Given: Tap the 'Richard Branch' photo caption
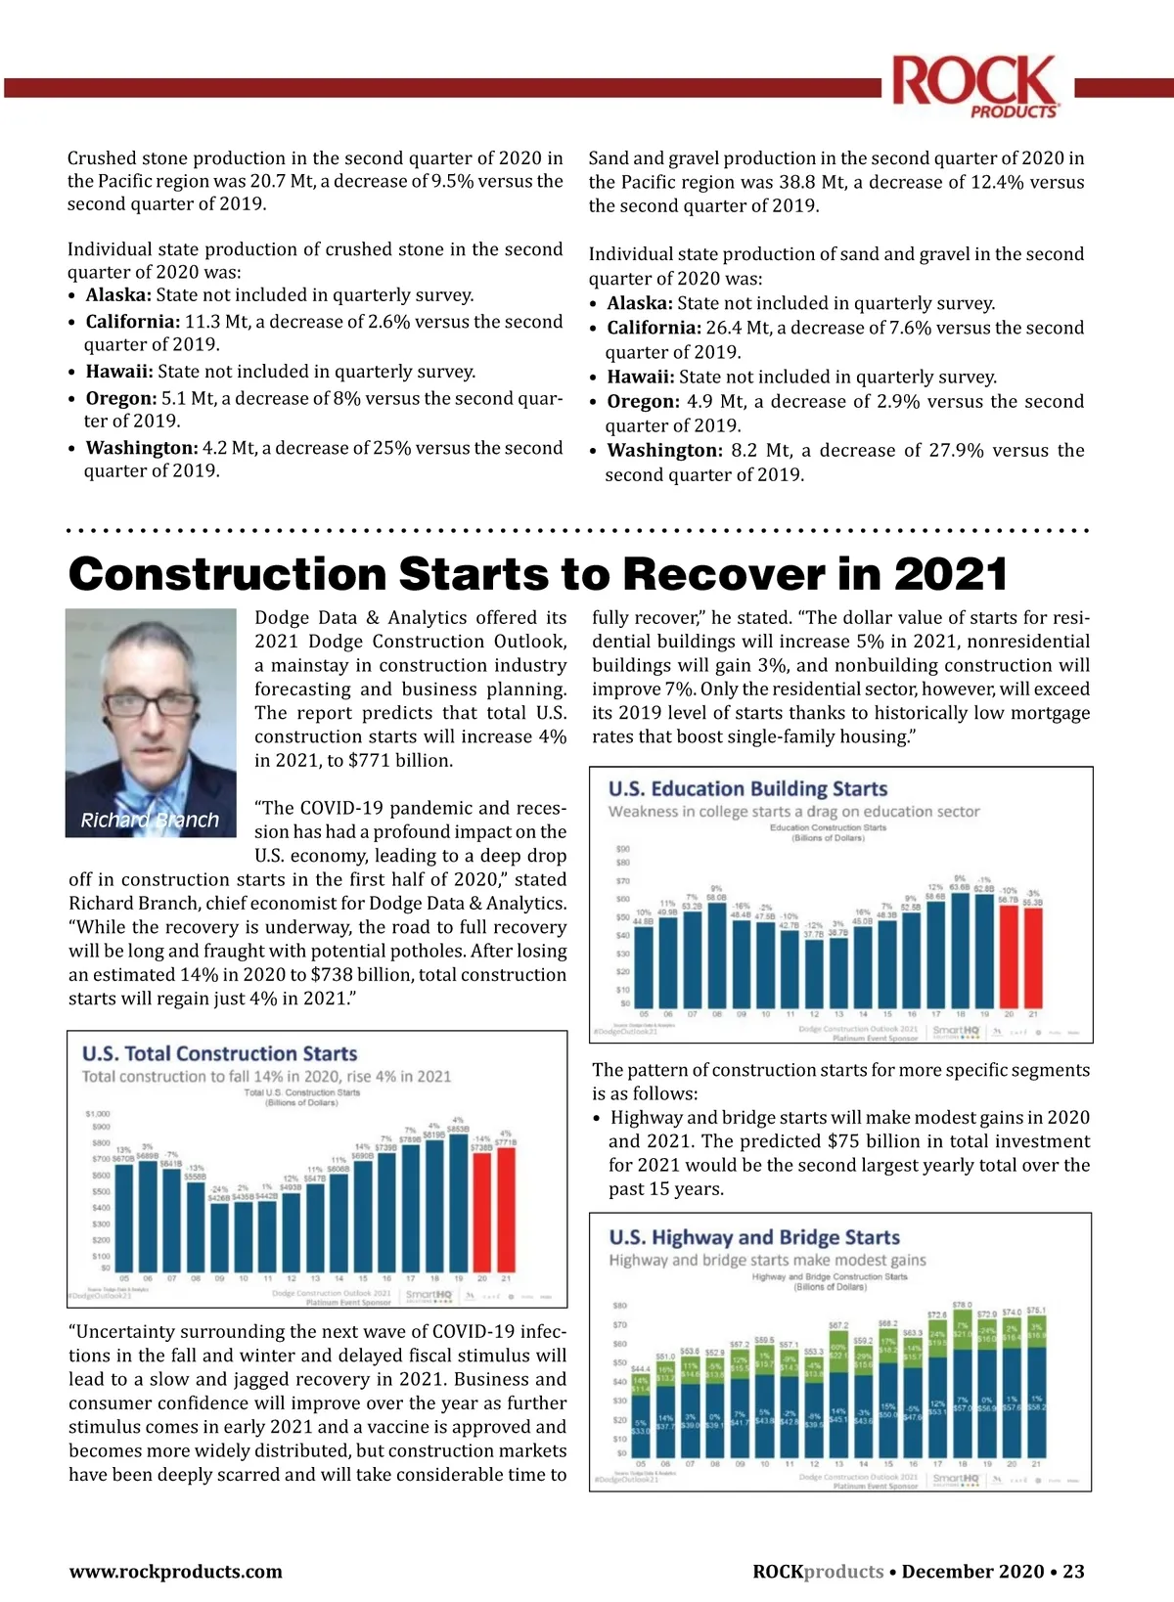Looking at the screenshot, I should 150,820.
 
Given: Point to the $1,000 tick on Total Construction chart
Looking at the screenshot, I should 98,1114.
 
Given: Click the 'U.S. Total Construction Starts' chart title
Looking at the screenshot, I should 220,1053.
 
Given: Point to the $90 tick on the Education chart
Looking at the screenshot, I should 622,849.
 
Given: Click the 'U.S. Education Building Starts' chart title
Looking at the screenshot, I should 747,788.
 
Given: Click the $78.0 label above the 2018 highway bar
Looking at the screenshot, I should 962,1305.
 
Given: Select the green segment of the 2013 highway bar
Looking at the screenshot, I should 838,1355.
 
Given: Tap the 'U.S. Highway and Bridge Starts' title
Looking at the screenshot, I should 754,1237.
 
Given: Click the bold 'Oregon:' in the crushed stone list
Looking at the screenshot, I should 121,398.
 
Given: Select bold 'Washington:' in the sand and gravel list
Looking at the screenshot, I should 664,451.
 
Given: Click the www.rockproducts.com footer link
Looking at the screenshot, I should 175,1572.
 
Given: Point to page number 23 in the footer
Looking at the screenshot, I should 1073,1572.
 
